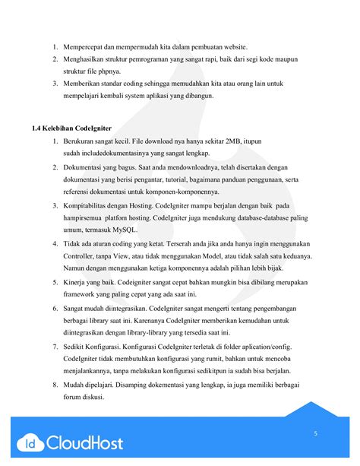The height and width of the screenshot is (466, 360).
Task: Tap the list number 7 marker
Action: point(55,347)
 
